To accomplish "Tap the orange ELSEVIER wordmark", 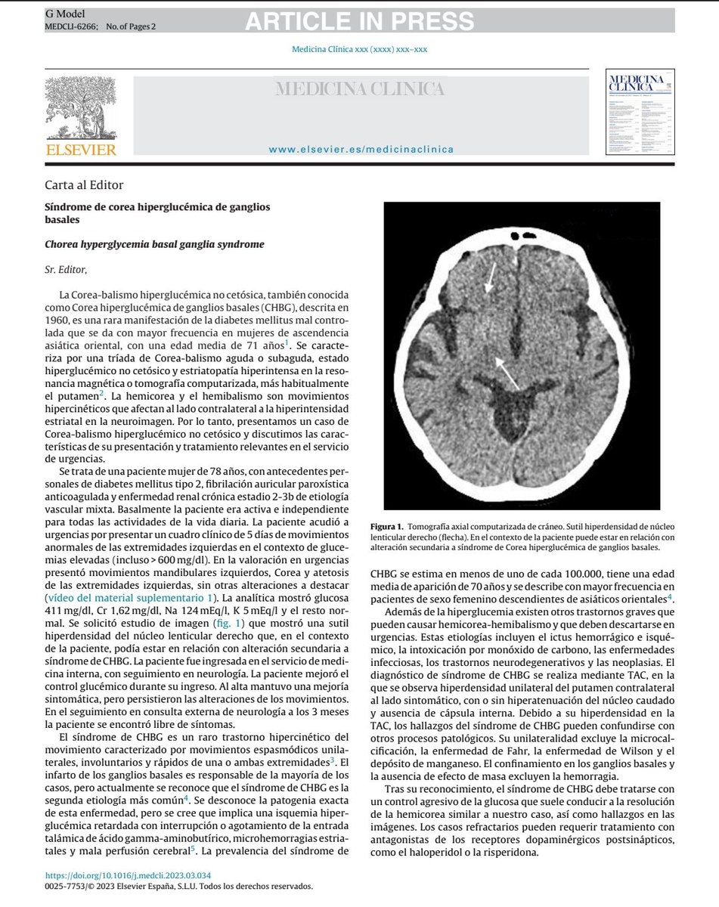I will (x=82, y=150).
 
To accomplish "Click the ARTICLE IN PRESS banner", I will (x=359, y=22).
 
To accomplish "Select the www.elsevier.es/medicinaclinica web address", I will (x=361, y=149).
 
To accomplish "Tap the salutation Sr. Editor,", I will (x=67, y=269).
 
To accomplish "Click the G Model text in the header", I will (x=66, y=14).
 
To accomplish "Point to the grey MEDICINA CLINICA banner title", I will (x=359, y=90).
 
